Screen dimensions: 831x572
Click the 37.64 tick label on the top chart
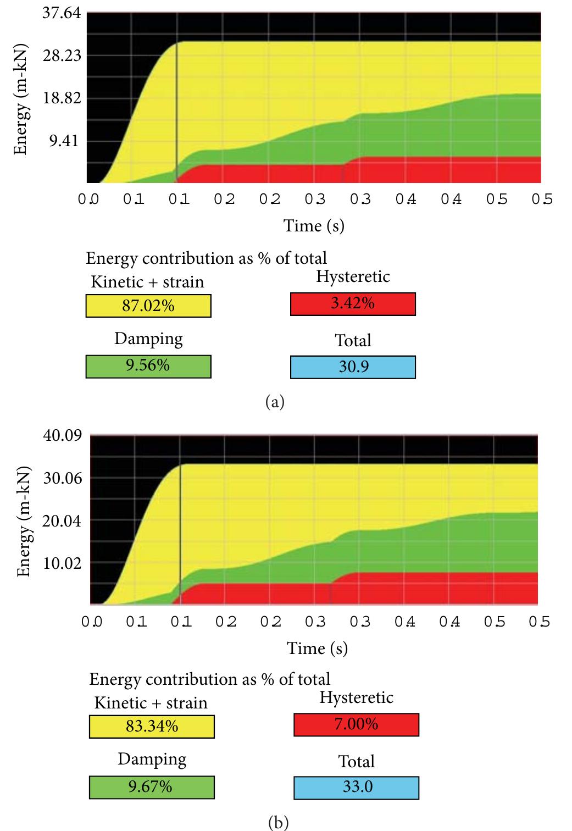pyautogui.click(x=62, y=13)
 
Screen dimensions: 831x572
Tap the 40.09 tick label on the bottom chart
pyautogui.click(x=62, y=436)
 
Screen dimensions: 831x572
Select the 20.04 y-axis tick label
pyautogui.click(x=62, y=520)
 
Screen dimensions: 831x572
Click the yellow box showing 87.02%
pyautogui.click(x=148, y=306)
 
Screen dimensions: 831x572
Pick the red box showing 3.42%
pyautogui.click(x=353, y=304)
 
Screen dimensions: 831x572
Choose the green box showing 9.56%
pyautogui.click(x=148, y=367)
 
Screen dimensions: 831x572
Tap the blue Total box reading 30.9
pyautogui.click(x=353, y=367)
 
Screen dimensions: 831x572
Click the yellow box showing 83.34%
pyautogui.click(x=152, y=727)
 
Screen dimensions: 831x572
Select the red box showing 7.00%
pyautogui.click(x=356, y=724)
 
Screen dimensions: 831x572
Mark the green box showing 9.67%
pyautogui.click(x=152, y=787)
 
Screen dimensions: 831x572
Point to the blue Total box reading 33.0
pyautogui.click(x=356, y=787)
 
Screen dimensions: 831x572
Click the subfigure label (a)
pyautogui.click(x=275, y=402)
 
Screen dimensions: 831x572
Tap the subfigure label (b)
pyautogui.click(x=277, y=822)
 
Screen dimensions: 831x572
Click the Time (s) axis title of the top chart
pyautogui.click(x=314, y=225)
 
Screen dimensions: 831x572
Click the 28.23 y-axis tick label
pyautogui.click(x=62, y=56)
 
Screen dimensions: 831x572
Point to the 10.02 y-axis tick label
pyautogui.click(x=62, y=563)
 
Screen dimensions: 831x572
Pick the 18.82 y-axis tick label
pyautogui.click(x=62, y=99)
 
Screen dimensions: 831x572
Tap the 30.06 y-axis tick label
pyautogui.click(x=62, y=478)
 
